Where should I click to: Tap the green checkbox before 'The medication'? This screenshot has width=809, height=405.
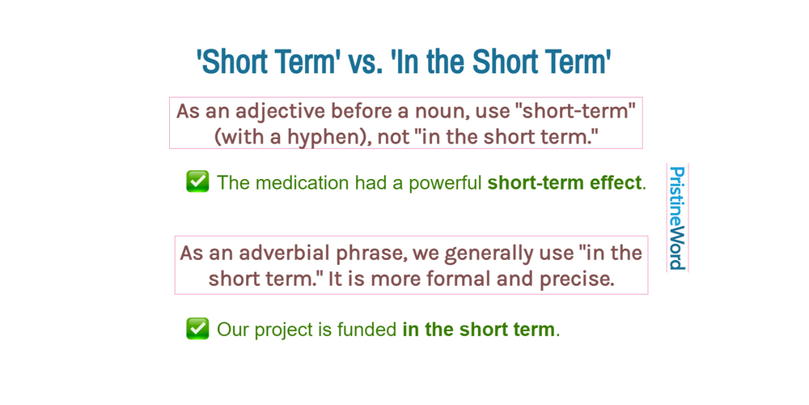coord(197,181)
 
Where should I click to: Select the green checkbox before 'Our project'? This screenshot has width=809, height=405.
coord(197,329)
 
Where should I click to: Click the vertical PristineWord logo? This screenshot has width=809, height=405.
coord(676,218)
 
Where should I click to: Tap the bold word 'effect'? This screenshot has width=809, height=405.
coord(615,183)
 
